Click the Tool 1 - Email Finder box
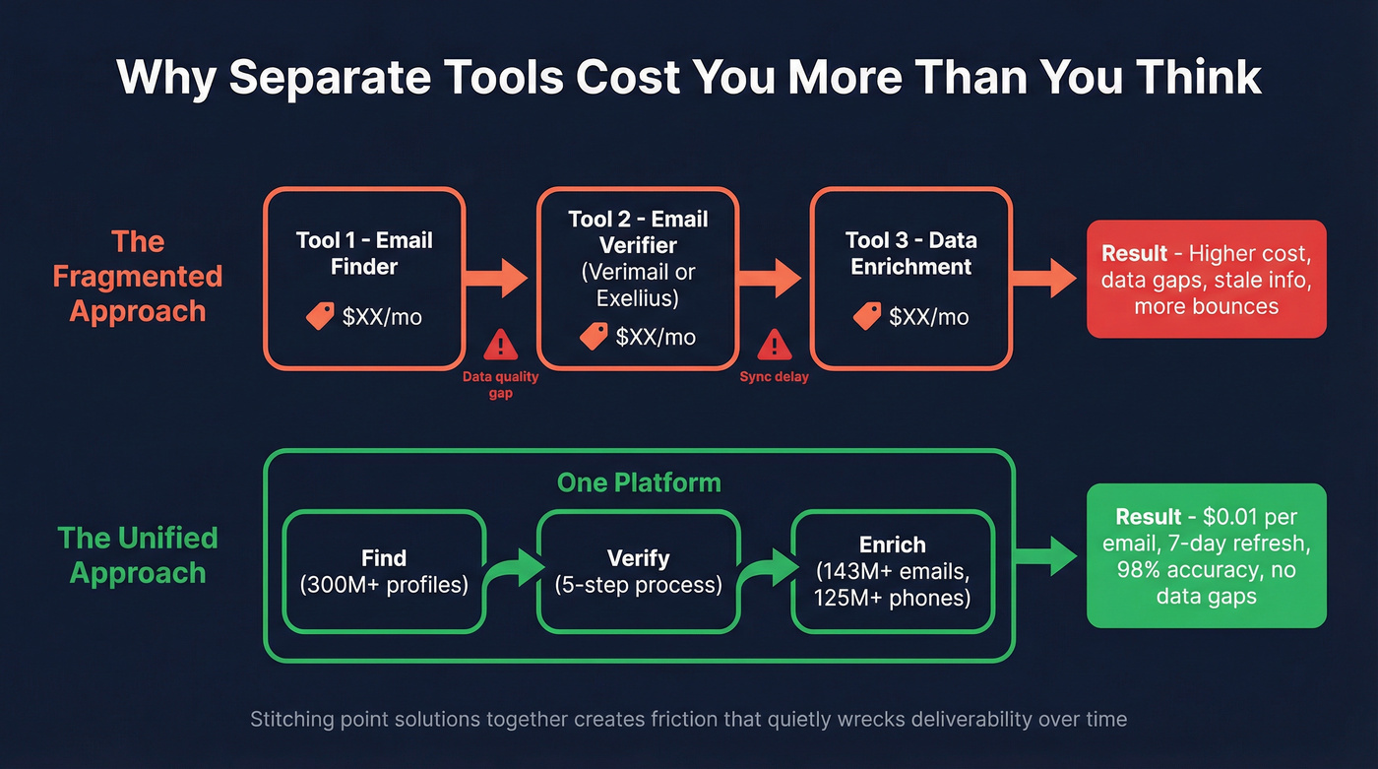point(364,279)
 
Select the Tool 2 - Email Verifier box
point(638,279)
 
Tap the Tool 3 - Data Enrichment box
point(910,279)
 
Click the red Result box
point(1206,280)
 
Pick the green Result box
point(1206,555)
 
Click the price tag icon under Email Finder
point(320,316)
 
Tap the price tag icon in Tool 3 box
point(867,316)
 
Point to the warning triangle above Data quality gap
point(501,345)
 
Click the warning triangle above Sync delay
point(774,345)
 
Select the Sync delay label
point(774,377)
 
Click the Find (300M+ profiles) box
point(384,571)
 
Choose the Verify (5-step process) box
point(638,571)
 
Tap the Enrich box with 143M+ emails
point(893,571)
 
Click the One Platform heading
point(639,482)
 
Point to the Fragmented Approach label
point(138,277)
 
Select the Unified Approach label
point(138,555)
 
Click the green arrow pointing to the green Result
point(1049,555)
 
